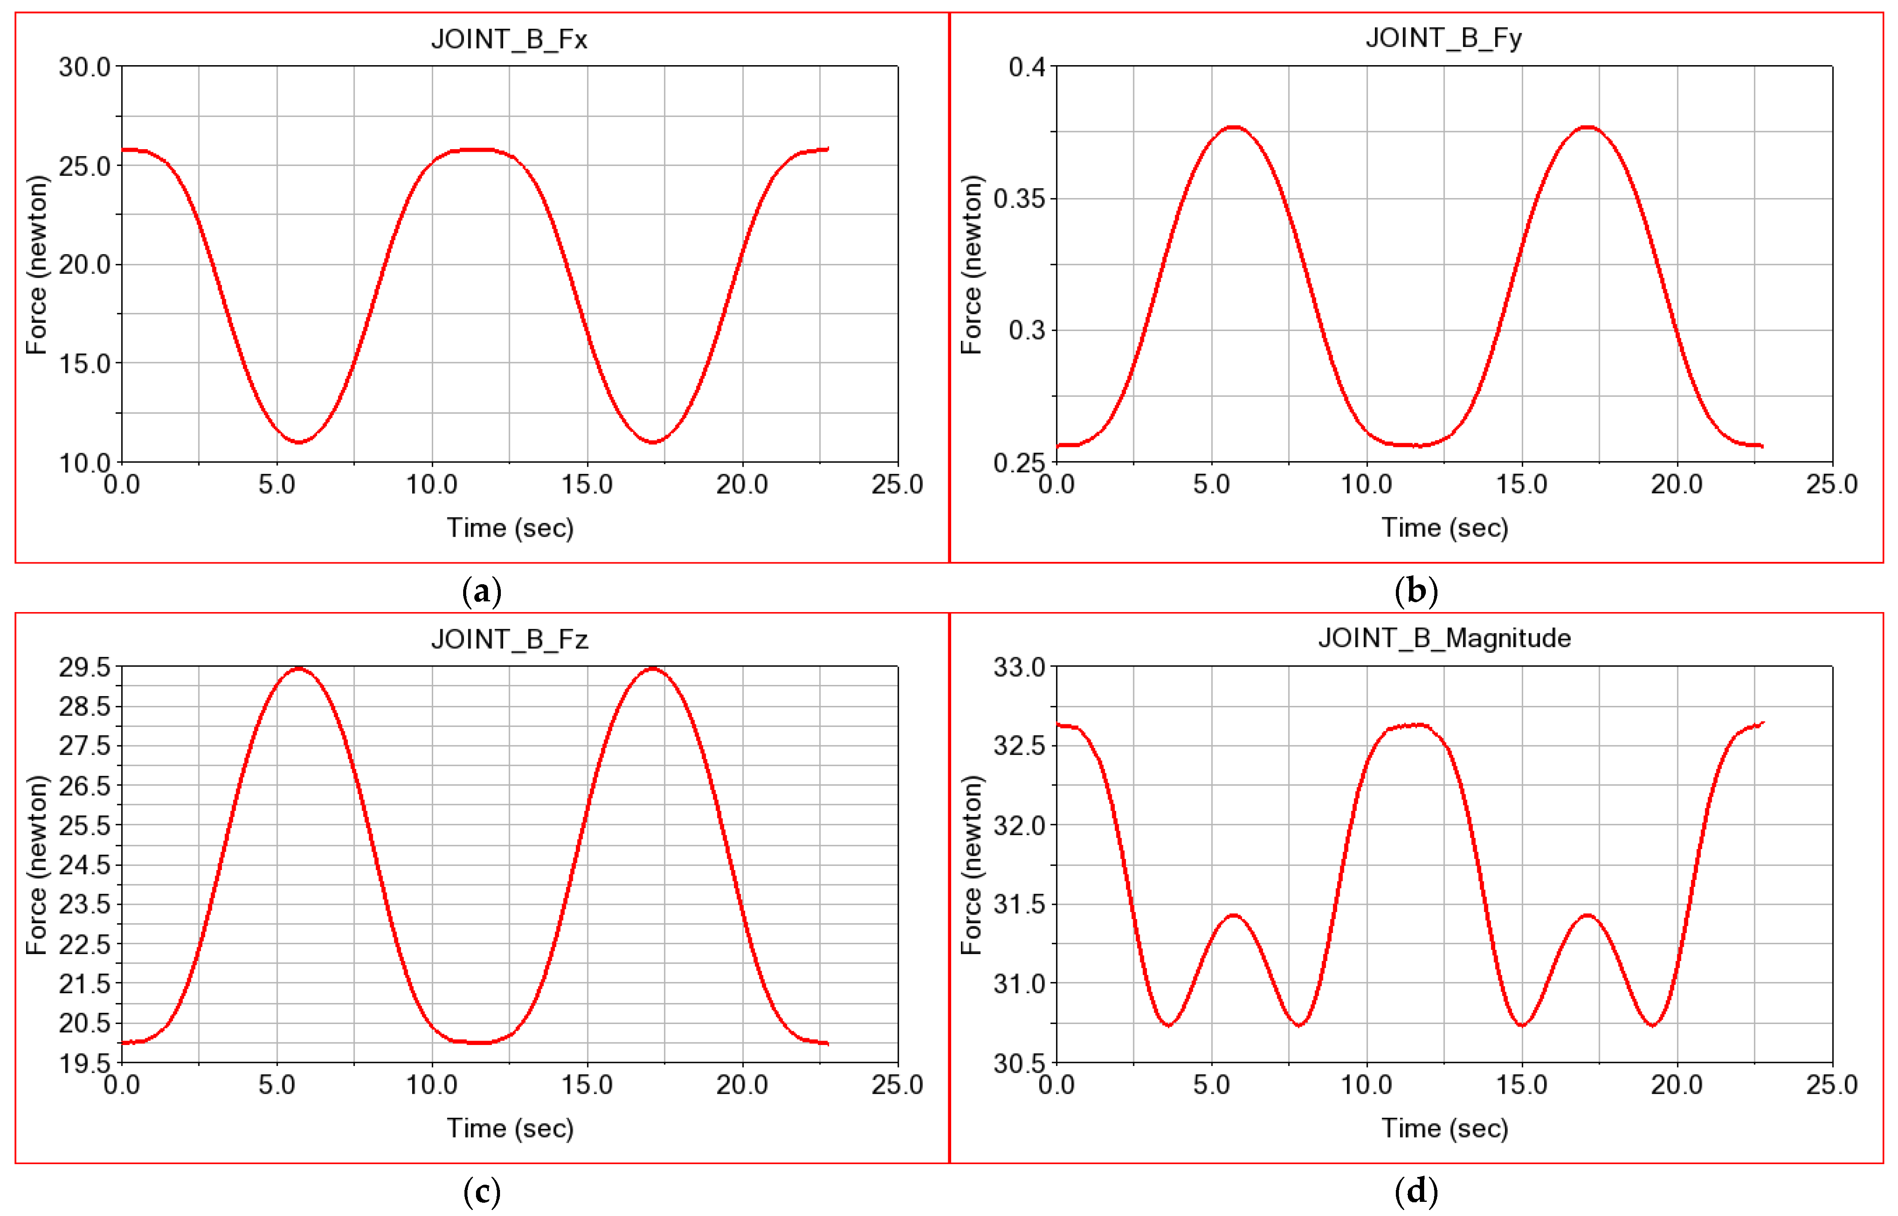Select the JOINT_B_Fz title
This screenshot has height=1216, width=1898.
tap(509, 639)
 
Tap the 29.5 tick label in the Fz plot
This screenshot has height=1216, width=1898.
tap(84, 667)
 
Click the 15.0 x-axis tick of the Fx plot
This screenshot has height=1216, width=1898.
tap(587, 484)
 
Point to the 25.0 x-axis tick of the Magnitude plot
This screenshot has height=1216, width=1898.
tap(1831, 1084)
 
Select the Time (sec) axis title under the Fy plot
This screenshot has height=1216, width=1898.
tap(1444, 528)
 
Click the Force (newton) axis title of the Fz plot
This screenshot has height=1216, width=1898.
tap(36, 865)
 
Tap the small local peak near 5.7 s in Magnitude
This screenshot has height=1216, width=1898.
tap(1233, 915)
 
